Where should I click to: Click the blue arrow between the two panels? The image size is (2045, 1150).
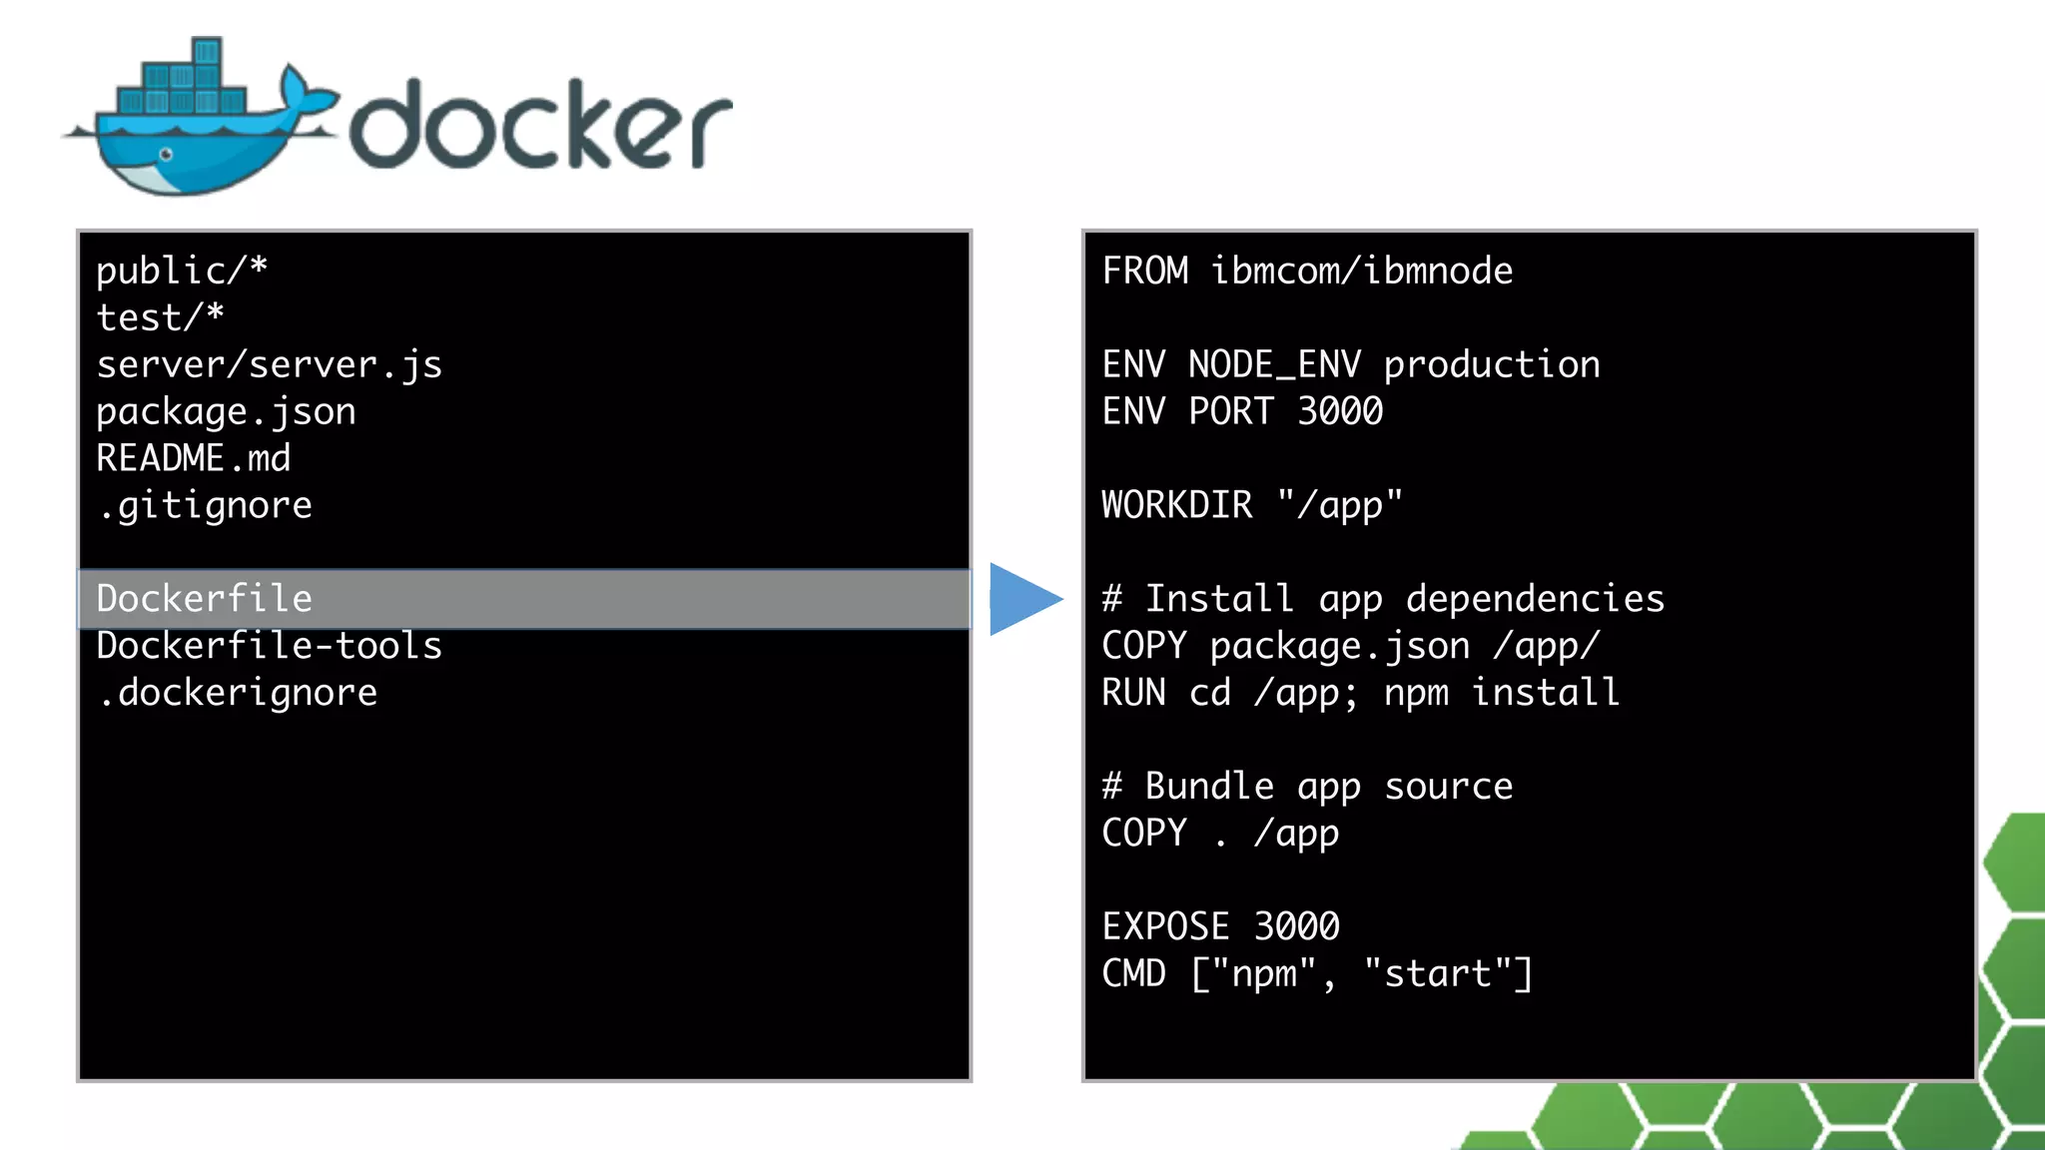[1022, 599]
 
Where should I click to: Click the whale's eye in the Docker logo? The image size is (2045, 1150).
[166, 155]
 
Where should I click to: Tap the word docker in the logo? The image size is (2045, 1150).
[539, 125]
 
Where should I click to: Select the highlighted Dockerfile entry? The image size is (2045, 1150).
[205, 599]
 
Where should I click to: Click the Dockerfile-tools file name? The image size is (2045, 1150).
[269, 646]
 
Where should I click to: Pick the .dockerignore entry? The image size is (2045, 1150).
[238, 693]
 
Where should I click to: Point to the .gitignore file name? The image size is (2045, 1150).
[205, 505]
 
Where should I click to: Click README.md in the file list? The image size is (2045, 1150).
[193, 458]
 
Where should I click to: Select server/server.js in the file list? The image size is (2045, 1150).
[269, 364]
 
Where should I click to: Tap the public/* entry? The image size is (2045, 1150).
[182, 271]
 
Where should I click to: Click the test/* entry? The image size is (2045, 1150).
[160, 317]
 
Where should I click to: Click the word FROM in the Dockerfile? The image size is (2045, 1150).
[1145, 271]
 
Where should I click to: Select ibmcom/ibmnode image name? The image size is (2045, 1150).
[1361, 271]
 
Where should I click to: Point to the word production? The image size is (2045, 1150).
[1491, 364]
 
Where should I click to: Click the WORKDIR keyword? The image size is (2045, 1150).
[1176, 505]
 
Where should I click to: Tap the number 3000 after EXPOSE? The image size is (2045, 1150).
[1296, 926]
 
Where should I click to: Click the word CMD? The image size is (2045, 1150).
[1133, 973]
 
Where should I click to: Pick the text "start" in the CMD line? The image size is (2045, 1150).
[1438, 973]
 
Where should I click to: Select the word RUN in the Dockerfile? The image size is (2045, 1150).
[1133, 693]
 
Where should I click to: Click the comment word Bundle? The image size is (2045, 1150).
[1209, 787]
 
